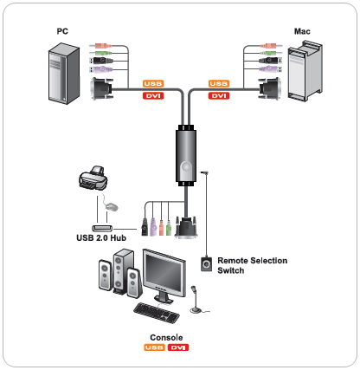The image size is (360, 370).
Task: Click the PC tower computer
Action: [64, 74]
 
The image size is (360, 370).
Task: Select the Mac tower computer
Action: [305, 71]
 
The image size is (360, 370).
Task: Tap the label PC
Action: [62, 31]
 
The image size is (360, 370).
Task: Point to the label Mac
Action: [302, 31]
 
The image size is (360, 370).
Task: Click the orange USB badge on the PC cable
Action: [153, 84]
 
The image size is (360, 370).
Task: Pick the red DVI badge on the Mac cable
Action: [219, 95]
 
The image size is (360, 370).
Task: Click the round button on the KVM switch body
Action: [186, 166]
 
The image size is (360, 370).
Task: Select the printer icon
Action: [93, 178]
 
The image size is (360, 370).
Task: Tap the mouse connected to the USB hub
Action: [112, 206]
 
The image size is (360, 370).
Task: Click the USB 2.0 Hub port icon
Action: [102, 228]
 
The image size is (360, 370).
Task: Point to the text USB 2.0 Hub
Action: [101, 238]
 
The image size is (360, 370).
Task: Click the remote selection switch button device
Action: [206, 264]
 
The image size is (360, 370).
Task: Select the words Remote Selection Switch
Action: [253, 265]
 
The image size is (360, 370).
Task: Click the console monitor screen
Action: [164, 273]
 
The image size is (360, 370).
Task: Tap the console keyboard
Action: [157, 313]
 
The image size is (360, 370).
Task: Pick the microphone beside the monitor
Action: [195, 300]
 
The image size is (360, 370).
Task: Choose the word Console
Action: [166, 338]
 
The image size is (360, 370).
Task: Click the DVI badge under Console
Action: [178, 347]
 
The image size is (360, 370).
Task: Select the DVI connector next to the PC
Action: [101, 88]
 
